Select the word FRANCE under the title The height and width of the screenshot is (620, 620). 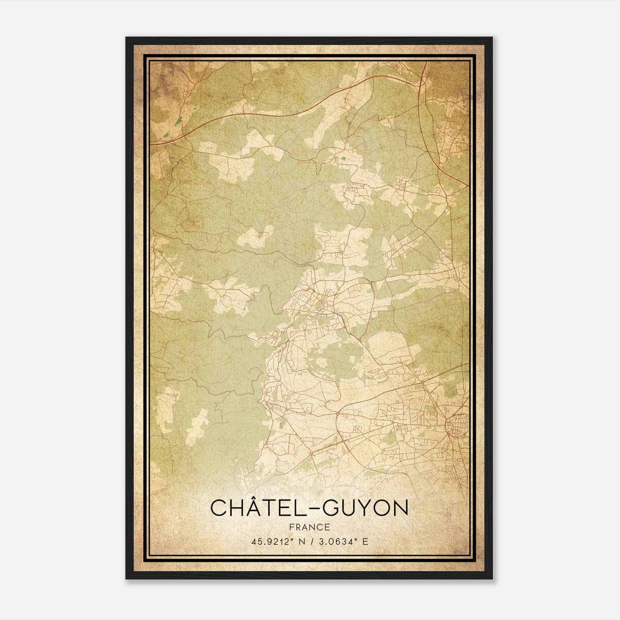(309, 527)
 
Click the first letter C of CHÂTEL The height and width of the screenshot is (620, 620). (218, 508)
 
